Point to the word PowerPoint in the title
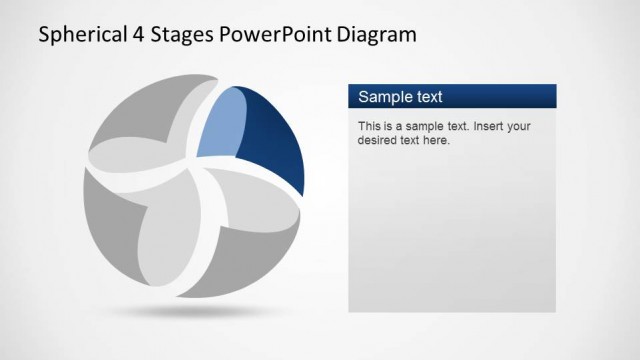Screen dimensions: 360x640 (275, 37)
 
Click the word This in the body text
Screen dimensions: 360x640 (369, 127)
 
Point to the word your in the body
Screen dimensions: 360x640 (520, 127)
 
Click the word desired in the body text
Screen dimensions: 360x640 (377, 141)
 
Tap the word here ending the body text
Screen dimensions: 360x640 (437, 141)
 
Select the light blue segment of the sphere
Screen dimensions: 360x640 (220, 125)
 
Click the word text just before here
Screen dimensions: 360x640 (411, 141)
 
